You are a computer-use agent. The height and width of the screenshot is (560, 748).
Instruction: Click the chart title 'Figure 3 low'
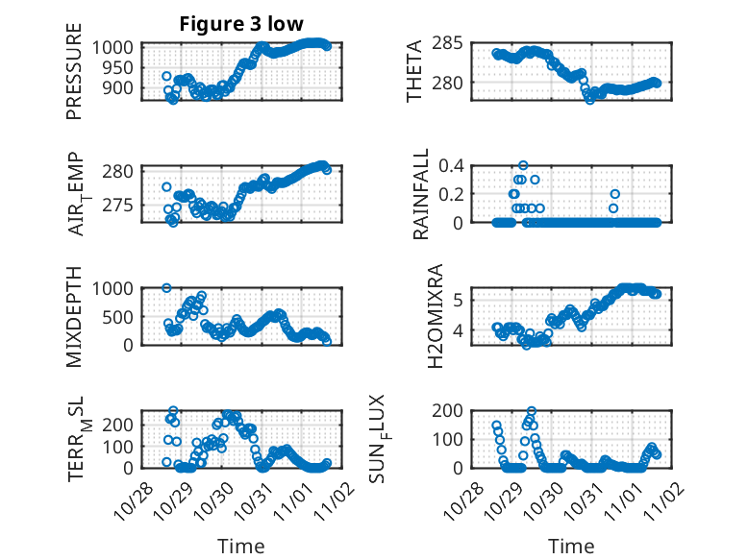tap(242, 24)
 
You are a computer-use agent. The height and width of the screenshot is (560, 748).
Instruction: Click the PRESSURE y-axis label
tap(75, 79)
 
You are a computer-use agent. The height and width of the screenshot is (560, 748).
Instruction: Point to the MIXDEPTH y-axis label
tap(75, 317)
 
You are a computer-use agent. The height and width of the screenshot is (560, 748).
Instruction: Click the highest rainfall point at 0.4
tap(523, 165)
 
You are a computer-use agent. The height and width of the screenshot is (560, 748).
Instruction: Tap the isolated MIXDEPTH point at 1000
tap(166, 287)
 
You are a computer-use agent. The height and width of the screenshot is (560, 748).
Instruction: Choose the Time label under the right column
tap(572, 547)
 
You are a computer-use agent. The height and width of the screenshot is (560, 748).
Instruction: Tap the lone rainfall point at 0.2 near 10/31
tap(614, 194)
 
